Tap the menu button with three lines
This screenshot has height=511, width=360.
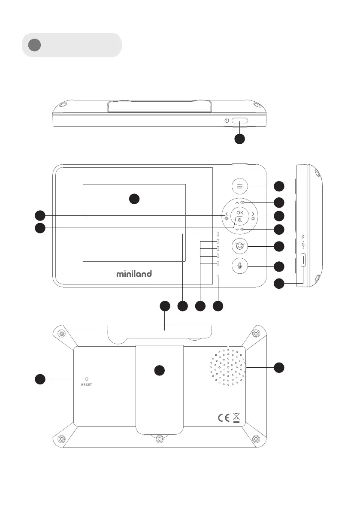coord(240,186)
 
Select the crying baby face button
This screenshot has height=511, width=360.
coord(240,246)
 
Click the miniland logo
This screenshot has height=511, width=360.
coord(134,274)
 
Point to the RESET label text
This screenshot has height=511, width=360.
coord(86,385)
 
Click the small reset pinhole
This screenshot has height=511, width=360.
coord(86,379)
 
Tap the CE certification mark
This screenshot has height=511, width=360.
coord(224,418)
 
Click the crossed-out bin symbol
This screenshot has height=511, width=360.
coord(236,417)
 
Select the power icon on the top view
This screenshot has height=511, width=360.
coord(227,121)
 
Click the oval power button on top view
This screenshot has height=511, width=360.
coord(240,121)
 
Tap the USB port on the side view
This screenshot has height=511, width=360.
coord(304,260)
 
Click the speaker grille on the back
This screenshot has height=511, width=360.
coord(228,367)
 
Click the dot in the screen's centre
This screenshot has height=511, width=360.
coord(134,199)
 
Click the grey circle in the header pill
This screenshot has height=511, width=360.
coord(34,45)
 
